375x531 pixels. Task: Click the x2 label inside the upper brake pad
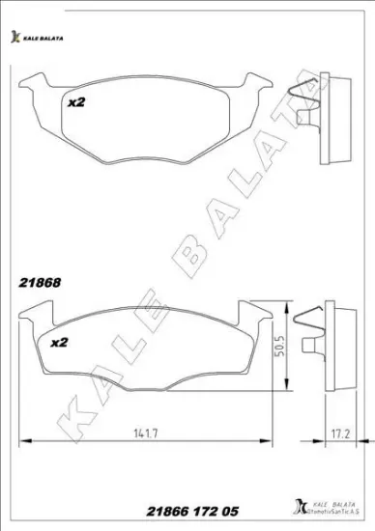tap(76, 100)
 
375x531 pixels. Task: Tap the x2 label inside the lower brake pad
tap(58, 343)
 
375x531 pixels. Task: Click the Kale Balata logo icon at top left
tap(14, 38)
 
